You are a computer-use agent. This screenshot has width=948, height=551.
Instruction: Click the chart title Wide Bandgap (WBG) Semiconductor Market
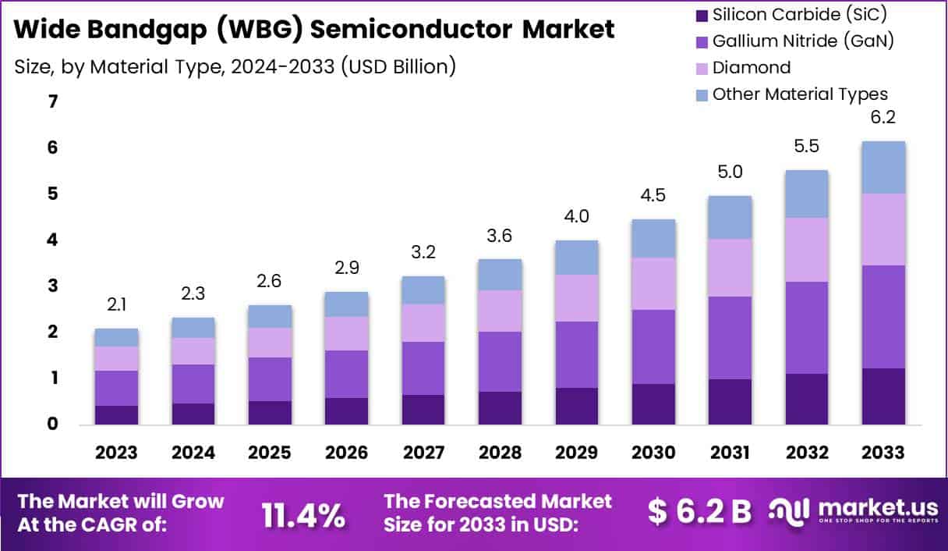point(314,30)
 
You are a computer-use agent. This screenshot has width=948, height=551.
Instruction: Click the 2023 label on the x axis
point(116,453)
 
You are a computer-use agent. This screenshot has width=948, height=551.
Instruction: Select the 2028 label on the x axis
point(499,453)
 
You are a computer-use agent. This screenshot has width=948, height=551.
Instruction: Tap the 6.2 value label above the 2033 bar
point(883,118)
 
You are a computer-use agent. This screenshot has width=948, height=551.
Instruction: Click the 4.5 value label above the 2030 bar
point(653,195)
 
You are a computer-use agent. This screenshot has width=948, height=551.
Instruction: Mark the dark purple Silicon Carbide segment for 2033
point(883,396)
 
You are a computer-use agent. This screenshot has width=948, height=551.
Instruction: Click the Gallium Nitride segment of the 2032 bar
point(806,327)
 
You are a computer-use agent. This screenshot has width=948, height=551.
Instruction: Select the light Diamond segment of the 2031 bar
point(729,267)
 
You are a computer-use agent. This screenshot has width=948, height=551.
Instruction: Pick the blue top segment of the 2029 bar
point(576,258)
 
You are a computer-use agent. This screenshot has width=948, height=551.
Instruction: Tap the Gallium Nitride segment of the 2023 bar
point(116,388)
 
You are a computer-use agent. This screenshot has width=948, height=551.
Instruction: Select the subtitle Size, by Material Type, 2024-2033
point(235,66)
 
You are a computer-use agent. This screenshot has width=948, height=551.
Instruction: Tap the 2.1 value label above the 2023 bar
point(116,305)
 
